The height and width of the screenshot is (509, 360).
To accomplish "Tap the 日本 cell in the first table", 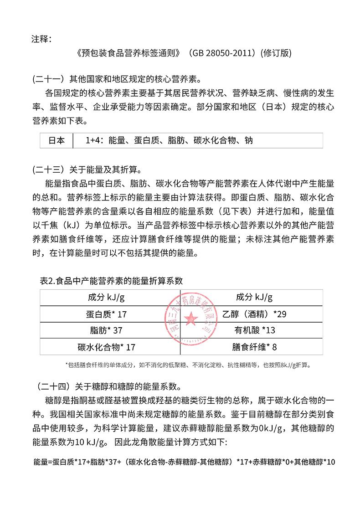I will click(57, 140).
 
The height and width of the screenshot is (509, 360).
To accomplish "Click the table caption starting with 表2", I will click(112, 281).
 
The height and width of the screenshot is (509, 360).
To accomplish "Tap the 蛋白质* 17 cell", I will click(106, 314).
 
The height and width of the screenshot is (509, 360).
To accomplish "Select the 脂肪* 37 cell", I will click(106, 330).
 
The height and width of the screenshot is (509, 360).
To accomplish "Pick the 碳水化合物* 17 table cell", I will click(107, 347).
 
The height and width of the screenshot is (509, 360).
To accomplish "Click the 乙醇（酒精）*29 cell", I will click(254, 314).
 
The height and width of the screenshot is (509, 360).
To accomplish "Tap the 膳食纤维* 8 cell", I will click(254, 347).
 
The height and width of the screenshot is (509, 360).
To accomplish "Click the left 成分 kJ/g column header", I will click(106, 298).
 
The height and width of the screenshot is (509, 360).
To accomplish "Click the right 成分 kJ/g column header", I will click(254, 298).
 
